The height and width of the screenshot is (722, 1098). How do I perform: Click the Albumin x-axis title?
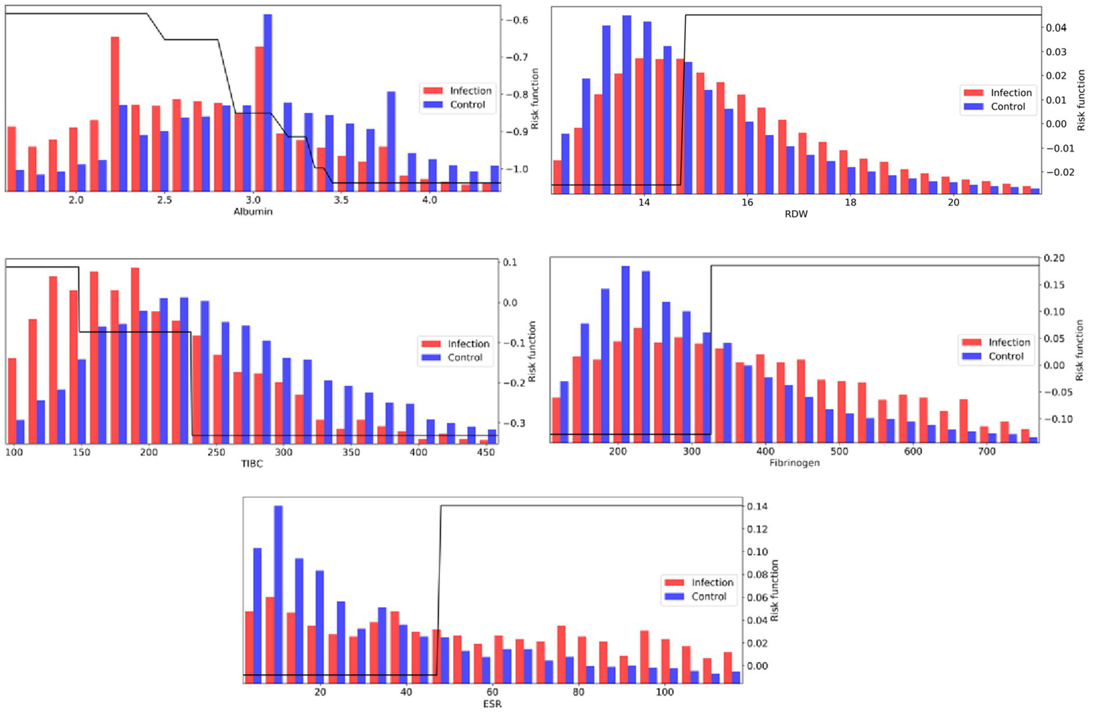pos(253,212)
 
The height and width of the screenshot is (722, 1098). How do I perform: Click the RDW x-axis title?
pos(795,214)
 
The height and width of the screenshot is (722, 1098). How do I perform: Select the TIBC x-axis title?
pos(252,464)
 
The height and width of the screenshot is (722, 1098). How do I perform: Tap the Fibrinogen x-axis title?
pos(794,463)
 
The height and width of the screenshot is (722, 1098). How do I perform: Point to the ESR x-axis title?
pos(492,704)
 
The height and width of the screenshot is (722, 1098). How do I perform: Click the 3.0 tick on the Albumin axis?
pos(253,200)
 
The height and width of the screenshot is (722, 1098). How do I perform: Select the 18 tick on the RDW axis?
pos(850,202)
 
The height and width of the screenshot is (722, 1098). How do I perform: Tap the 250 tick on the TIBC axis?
pos(216,453)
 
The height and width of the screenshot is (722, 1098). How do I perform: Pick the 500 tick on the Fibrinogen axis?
pos(839,452)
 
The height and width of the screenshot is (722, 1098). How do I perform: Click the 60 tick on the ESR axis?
pos(492,692)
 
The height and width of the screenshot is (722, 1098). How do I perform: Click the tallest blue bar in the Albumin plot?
pos(268,102)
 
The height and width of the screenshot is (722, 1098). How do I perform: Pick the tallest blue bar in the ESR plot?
pos(278,593)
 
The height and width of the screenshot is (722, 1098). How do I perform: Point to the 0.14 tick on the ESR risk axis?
pos(758,507)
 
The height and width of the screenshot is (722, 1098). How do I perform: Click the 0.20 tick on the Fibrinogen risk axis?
pos(1054,258)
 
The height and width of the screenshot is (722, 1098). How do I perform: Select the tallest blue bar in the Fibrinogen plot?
pos(625,354)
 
